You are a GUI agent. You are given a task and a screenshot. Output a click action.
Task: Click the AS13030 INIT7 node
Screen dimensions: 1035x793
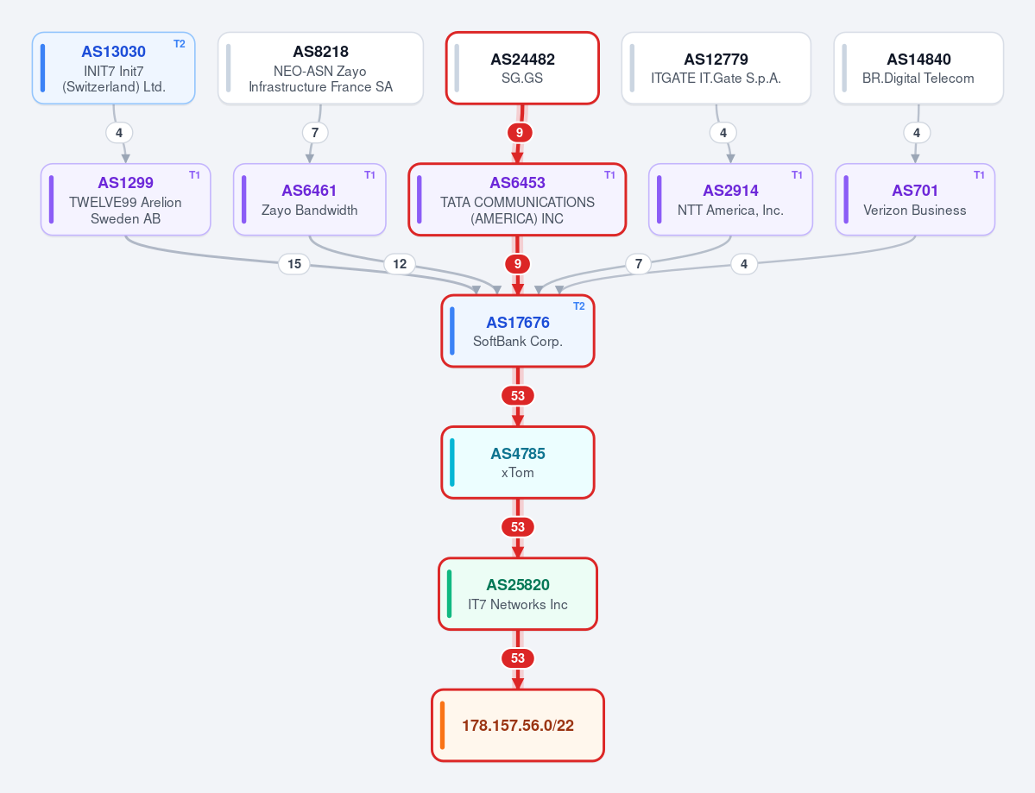114,68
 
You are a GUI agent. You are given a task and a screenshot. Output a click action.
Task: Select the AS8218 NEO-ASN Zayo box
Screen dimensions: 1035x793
320,68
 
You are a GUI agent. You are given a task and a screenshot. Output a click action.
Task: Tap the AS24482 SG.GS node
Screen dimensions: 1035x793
522,68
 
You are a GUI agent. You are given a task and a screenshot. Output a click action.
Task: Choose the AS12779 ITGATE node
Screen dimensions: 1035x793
716,68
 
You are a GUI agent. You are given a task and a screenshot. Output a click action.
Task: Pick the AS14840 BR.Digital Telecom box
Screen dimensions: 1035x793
918,68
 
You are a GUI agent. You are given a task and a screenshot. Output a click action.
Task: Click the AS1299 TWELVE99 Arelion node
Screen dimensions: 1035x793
125,199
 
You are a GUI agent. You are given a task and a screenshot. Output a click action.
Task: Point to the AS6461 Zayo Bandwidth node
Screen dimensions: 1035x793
310,199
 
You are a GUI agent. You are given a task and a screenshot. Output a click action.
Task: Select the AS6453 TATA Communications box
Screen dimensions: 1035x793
518,199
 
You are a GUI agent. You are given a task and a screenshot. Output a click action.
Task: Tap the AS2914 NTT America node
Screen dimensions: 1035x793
730,199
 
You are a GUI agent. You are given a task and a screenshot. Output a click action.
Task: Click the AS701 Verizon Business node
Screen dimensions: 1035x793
915,199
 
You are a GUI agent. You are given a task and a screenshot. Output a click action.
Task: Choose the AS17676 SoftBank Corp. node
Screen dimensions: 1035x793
518,330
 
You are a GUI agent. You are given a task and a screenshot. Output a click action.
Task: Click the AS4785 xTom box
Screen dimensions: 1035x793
518,463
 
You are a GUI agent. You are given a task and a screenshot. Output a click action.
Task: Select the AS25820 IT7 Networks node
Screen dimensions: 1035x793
518,594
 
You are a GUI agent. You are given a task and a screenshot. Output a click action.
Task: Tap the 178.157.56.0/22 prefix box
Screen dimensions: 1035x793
518,725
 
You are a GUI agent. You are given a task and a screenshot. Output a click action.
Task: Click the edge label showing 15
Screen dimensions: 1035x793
294,264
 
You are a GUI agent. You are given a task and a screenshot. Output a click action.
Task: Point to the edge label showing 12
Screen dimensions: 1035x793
400,264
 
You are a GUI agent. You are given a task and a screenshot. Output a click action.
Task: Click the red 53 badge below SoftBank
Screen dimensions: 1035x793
518,396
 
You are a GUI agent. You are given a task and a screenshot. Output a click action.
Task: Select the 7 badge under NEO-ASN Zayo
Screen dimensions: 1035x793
315,133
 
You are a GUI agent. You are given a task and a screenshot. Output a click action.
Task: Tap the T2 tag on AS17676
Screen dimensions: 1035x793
579,306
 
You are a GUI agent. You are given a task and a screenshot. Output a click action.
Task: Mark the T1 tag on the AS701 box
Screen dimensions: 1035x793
979,175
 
